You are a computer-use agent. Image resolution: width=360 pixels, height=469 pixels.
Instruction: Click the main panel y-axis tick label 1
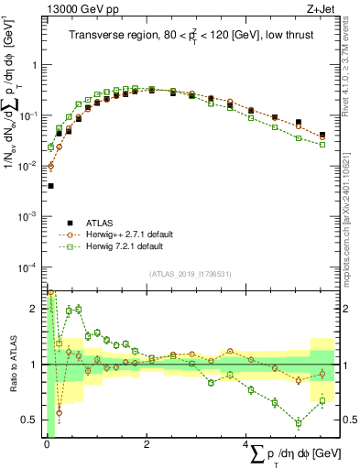pos(37,66)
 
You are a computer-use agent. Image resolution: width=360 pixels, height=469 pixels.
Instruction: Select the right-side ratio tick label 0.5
pos(349,420)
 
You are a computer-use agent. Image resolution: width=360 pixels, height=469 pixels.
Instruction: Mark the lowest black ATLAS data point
pos(50,186)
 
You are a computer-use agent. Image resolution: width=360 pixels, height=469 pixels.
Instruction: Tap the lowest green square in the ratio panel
pos(298,423)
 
